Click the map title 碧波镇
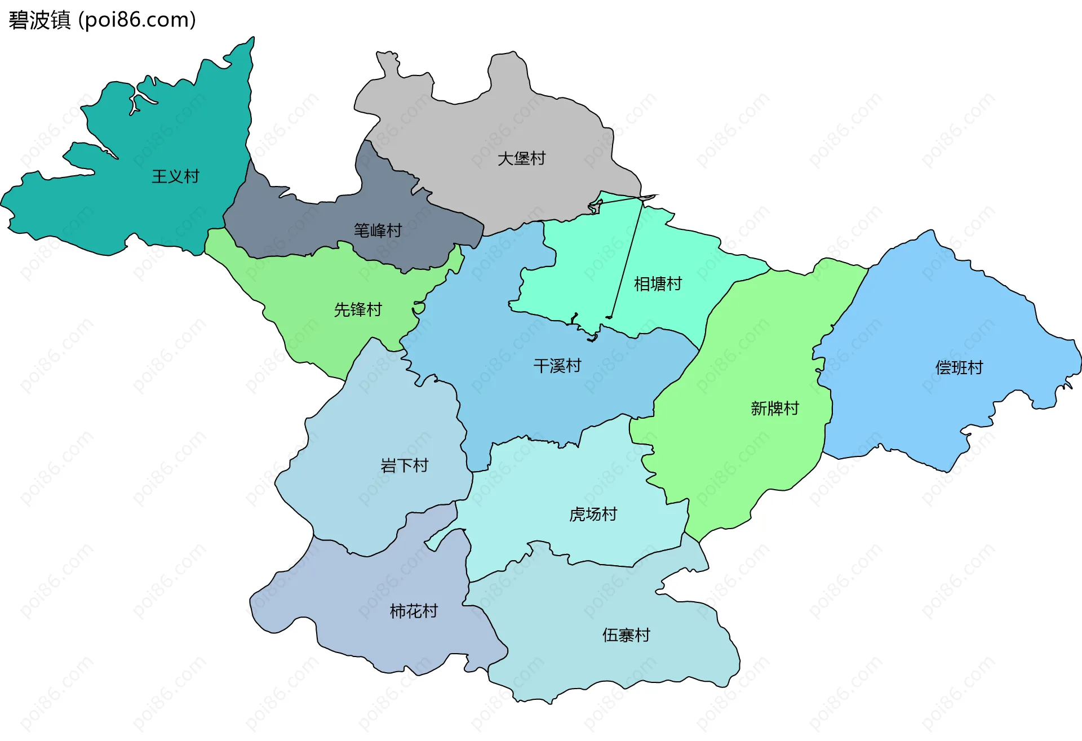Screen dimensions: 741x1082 point(39,20)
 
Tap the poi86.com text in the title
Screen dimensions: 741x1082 point(137,20)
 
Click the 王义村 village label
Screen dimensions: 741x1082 point(175,177)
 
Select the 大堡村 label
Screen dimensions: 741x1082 point(521,159)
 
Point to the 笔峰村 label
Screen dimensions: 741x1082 point(378,230)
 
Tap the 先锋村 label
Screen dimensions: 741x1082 point(358,310)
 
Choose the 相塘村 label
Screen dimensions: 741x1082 point(658,284)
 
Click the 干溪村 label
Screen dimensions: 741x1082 point(557,366)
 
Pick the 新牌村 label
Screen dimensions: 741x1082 point(775,409)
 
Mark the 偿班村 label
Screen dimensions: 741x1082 point(959,368)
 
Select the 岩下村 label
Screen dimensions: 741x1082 point(405,466)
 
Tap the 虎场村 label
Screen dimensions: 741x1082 point(593,514)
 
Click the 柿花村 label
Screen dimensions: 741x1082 point(414,611)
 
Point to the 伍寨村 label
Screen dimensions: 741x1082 point(626,636)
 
